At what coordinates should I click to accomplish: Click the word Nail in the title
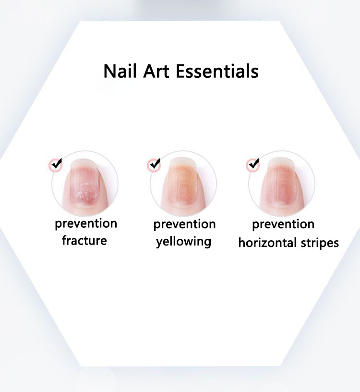tap(120, 71)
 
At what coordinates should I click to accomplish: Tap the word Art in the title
tap(156, 71)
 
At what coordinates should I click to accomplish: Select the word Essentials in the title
tap(217, 71)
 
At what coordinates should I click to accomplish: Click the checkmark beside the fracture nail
tap(56, 164)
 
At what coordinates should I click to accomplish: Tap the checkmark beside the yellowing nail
tap(155, 164)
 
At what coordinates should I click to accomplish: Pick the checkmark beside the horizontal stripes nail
tap(253, 164)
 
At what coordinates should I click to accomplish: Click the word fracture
tap(84, 241)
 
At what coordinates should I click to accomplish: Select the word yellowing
tap(184, 242)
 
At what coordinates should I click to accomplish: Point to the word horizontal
tap(268, 243)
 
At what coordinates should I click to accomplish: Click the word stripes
tap(320, 243)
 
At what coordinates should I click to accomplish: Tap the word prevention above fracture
tap(86, 224)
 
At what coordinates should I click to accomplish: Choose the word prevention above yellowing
tap(185, 224)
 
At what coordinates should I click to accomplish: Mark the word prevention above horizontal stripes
tap(283, 224)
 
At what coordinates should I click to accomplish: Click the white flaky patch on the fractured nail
tap(86, 191)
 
